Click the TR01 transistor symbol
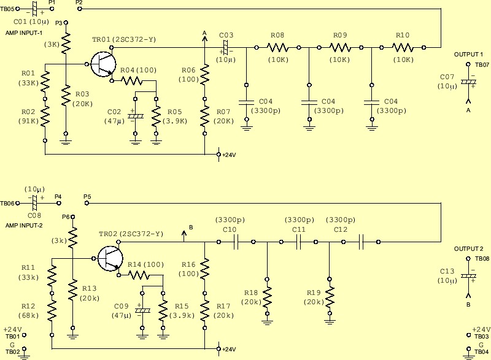[x=101, y=64]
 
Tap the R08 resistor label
[x=277, y=35]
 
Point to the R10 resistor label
[x=403, y=35]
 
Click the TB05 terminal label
[x=7, y=10]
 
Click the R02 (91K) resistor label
[x=28, y=112]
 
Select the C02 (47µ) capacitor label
[x=114, y=112]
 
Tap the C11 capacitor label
[x=298, y=229]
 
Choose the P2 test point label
[x=79, y=3]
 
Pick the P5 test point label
[x=87, y=197]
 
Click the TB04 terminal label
[x=481, y=352]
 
